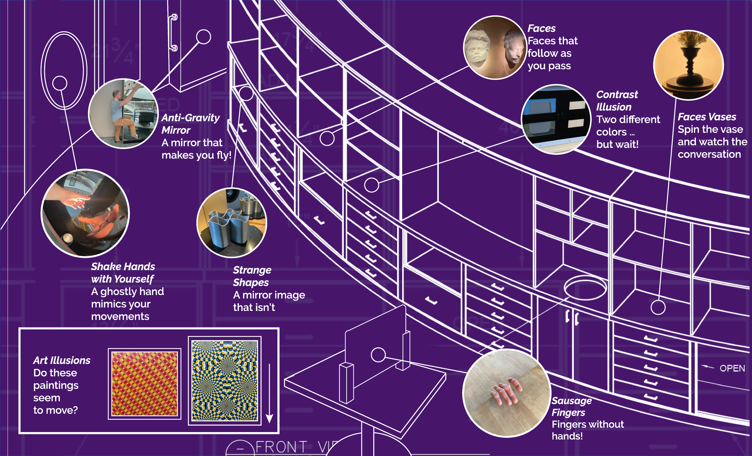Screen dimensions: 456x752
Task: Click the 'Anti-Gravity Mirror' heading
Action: (190, 124)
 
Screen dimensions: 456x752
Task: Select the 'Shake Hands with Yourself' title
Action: (123, 273)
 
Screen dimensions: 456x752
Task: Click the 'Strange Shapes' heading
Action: (252, 276)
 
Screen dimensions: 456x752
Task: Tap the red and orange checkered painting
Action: (144, 384)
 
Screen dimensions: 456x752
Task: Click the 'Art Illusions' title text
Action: (62, 361)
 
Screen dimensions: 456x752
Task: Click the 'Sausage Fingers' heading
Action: (571, 406)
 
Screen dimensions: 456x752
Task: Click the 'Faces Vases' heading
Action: (707, 117)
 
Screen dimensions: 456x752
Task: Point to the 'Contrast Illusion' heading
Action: (617, 101)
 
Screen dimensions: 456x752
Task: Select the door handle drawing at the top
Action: (173, 32)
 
